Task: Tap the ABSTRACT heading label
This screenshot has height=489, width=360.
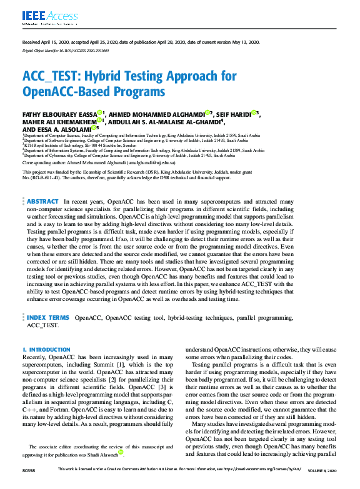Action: [x=43, y=202]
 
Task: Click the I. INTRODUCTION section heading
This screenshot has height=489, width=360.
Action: [x=46, y=350]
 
